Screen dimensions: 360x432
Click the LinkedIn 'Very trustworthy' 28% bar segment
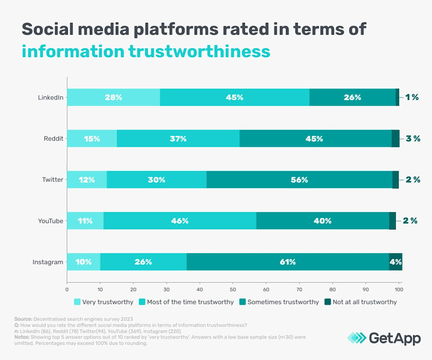113,97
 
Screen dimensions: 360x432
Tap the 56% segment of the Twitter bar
299,180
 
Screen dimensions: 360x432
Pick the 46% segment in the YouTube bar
180,221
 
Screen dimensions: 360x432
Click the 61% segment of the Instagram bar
288,262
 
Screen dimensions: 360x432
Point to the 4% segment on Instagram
396,262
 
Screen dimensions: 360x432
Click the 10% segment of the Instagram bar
83,262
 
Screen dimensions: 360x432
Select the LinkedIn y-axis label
51,97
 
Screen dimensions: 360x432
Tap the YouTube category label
51,221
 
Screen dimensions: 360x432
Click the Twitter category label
53,180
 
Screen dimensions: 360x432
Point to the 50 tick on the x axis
233,289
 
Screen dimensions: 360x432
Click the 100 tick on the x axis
399,289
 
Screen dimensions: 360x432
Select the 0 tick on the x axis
67,289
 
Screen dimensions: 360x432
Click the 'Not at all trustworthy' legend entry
360,302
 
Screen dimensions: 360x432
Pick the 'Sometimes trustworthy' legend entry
279,302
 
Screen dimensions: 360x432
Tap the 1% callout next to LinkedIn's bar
412,97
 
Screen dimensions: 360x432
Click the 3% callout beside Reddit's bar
413,139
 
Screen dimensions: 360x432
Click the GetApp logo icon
356,338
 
